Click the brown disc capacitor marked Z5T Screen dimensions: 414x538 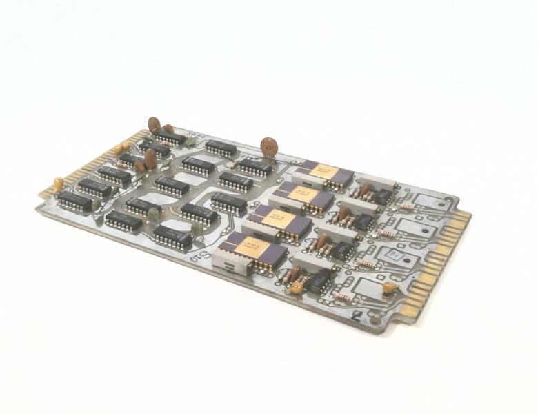tap(269, 146)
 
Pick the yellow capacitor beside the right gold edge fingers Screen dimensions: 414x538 tap(390, 286)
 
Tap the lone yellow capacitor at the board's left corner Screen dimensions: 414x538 tap(59, 184)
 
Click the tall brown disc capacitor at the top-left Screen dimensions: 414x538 tap(154, 125)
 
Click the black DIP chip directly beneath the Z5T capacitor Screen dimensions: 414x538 tap(255, 167)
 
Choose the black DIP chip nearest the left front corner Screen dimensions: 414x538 tap(74, 201)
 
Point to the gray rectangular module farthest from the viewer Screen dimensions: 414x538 tap(377, 181)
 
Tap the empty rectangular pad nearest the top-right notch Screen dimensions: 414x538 tap(427, 201)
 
